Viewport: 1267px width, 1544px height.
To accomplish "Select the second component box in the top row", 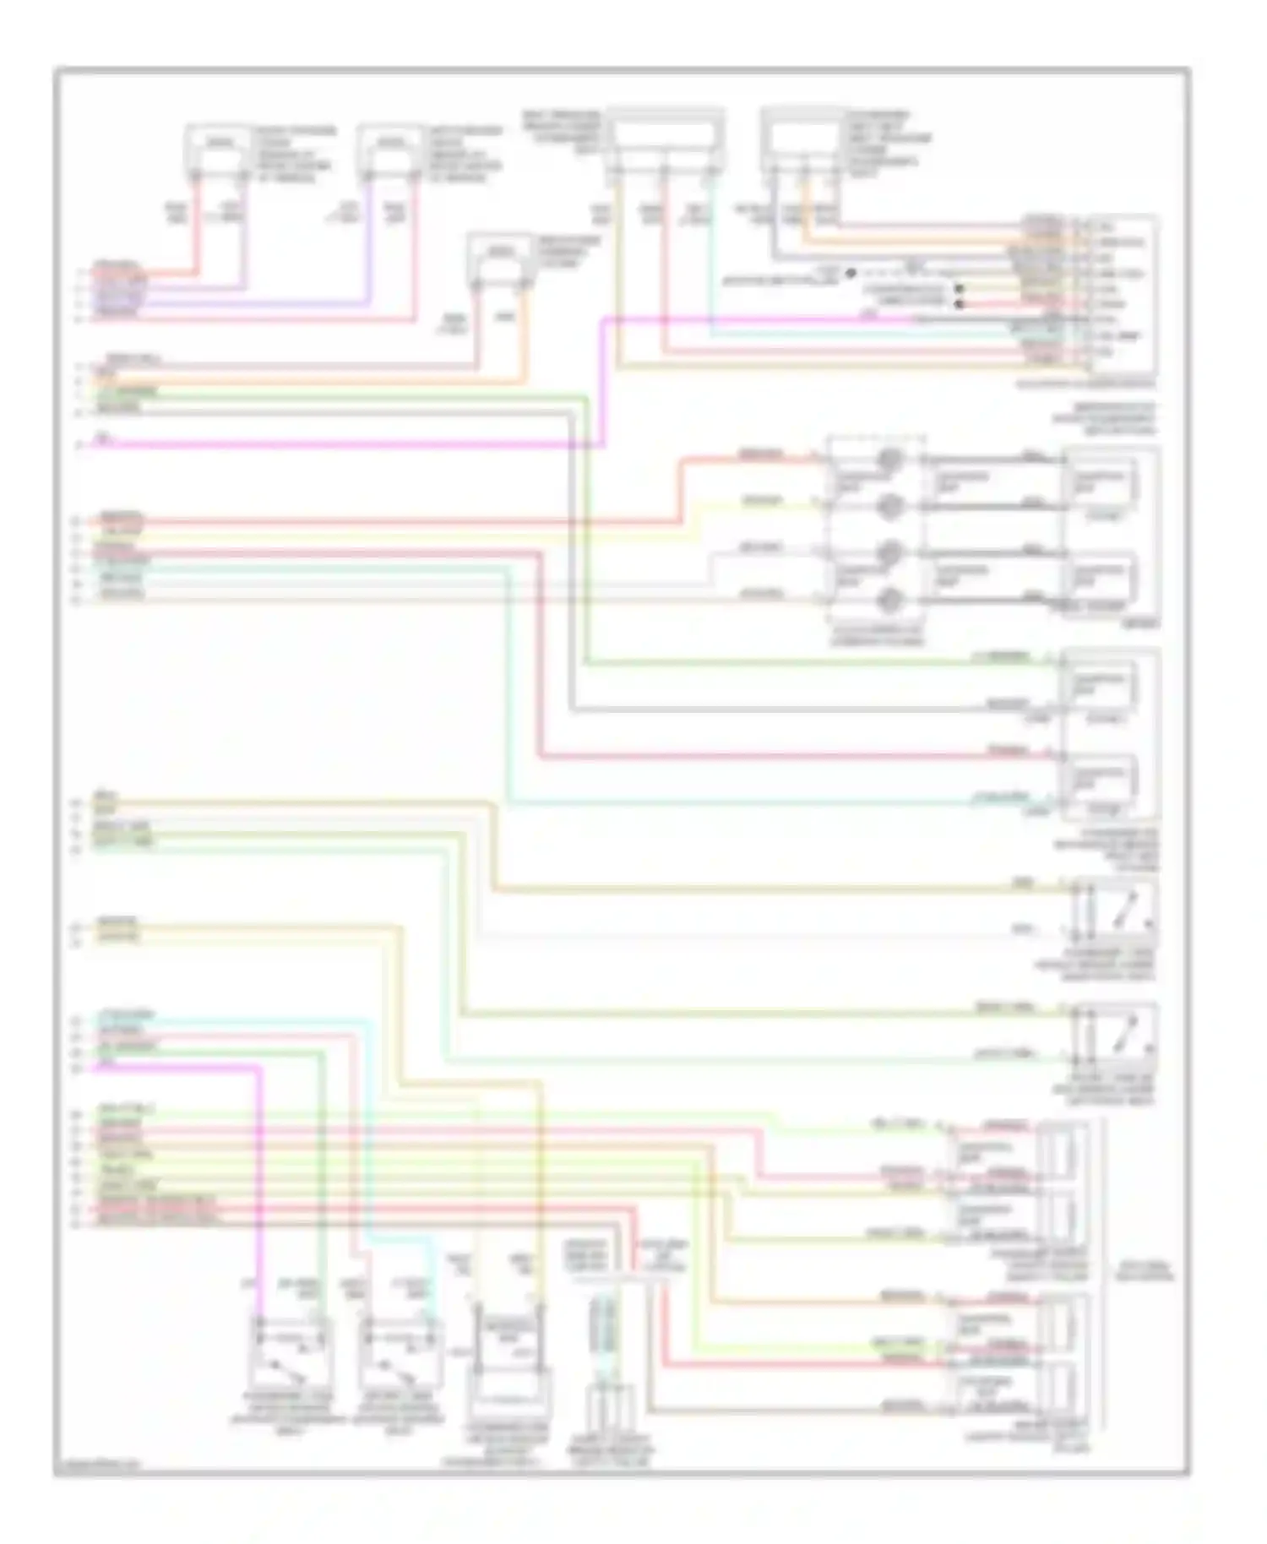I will pyautogui.click(x=389, y=148).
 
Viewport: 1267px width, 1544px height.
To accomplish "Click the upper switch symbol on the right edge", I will pyautogui.click(x=1113, y=908).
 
